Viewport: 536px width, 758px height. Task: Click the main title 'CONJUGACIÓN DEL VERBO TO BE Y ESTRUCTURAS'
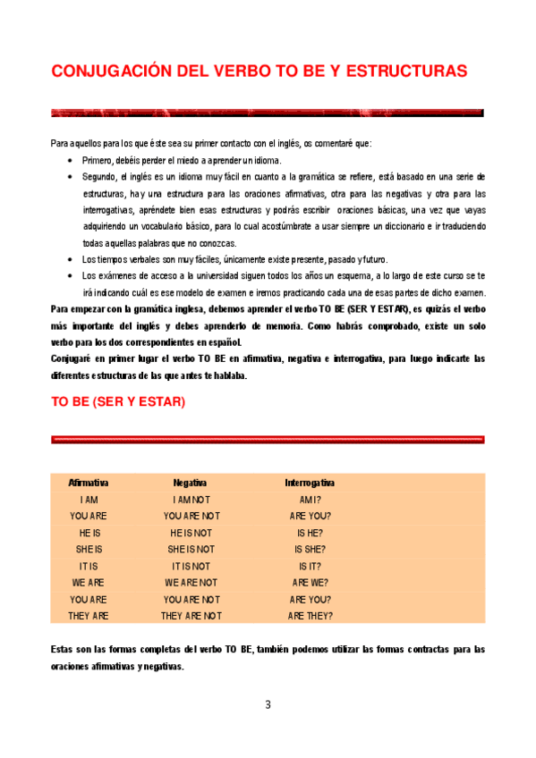(x=259, y=71)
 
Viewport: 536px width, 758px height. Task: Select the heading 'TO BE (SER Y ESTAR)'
(x=117, y=402)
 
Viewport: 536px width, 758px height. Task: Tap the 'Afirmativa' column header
(x=89, y=483)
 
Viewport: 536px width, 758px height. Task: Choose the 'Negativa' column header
(x=191, y=483)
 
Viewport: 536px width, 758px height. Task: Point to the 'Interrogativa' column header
(x=310, y=483)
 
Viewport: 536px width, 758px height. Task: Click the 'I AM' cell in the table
(x=89, y=500)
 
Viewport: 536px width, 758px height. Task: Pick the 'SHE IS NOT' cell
(x=191, y=550)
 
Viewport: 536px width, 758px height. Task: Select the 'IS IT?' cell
(x=310, y=567)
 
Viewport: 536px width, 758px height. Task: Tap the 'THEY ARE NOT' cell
(x=191, y=616)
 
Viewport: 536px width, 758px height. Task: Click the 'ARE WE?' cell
(x=310, y=583)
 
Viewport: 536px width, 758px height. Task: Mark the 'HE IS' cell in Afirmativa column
(x=89, y=533)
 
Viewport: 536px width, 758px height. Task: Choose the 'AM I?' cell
(x=310, y=500)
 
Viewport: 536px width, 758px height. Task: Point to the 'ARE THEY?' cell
(x=310, y=616)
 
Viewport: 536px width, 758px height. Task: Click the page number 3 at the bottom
(x=268, y=705)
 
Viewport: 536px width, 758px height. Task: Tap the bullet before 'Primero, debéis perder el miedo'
(x=70, y=161)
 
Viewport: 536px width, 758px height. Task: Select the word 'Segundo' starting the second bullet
(x=98, y=177)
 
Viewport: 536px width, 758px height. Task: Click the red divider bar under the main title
(x=268, y=114)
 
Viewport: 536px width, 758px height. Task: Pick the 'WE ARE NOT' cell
(x=191, y=583)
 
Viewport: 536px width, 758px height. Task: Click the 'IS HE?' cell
(x=310, y=533)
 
